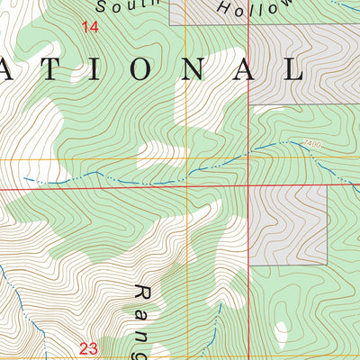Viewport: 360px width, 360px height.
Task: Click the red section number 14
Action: coord(89,28)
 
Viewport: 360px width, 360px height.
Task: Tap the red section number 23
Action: coord(88,347)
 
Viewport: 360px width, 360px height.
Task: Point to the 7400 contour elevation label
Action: coord(311,142)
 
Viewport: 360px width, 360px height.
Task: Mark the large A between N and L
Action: coord(243,70)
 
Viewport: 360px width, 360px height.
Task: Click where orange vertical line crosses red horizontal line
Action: coord(185,188)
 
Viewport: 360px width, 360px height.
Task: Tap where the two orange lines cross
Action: coord(185,160)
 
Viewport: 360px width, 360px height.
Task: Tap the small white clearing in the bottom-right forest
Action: coord(282,334)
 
